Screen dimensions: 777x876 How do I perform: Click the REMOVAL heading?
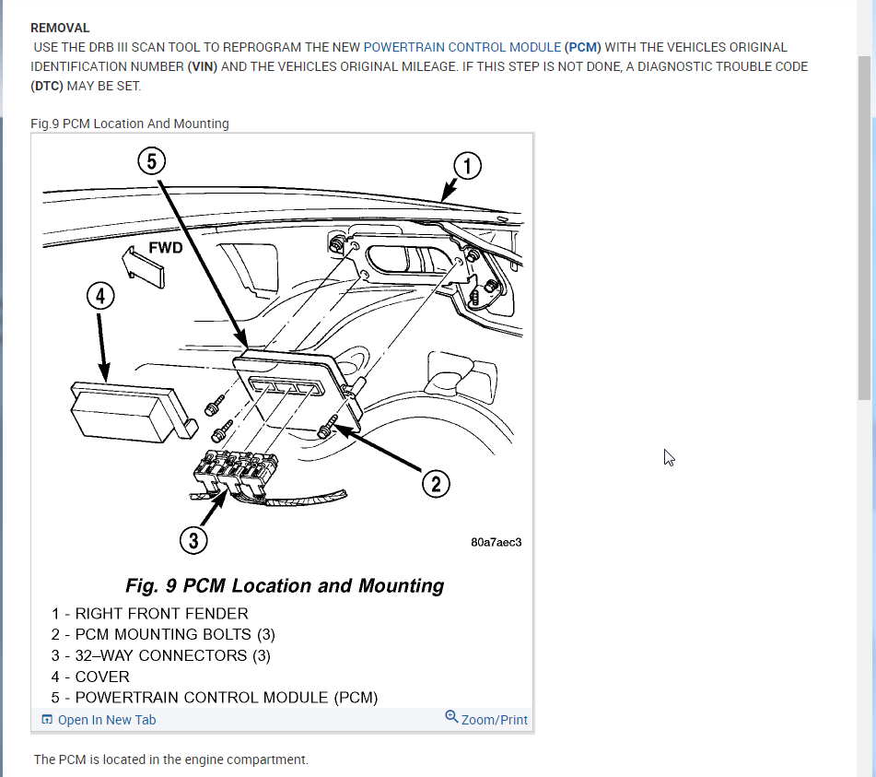[60, 29]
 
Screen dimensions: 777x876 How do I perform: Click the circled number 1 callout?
[468, 166]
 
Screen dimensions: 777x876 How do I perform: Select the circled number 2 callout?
[435, 482]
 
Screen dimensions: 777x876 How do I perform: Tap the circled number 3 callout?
[193, 540]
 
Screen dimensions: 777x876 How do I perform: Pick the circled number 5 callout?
[152, 161]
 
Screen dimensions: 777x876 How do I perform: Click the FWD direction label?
[166, 248]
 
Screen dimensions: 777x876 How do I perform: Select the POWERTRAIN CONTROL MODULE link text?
[461, 47]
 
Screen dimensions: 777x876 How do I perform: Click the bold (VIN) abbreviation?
[203, 66]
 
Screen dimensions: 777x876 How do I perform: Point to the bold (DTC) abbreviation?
[47, 86]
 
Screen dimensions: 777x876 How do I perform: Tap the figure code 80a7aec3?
[496, 542]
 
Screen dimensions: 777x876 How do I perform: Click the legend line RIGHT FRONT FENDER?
[150, 613]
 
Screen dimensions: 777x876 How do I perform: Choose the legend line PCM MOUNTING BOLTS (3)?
[163, 634]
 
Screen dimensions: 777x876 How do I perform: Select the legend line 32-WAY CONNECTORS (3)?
[160, 655]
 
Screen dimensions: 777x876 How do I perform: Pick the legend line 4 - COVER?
[90, 677]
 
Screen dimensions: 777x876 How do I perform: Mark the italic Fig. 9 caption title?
[284, 585]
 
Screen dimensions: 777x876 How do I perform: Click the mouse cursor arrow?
[670, 457]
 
